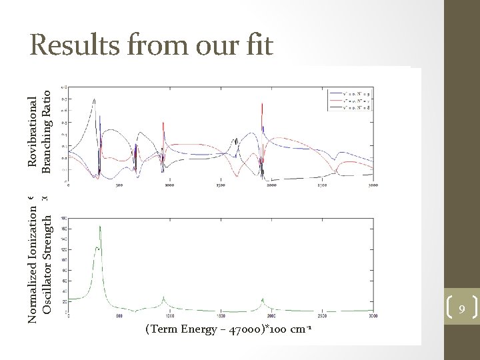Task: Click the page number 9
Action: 461,307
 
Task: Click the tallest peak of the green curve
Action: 100,227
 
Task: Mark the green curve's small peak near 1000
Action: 164,298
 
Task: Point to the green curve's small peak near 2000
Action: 263,299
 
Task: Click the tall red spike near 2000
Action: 263,105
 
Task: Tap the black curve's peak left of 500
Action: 95,101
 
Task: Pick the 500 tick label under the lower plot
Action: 118,315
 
